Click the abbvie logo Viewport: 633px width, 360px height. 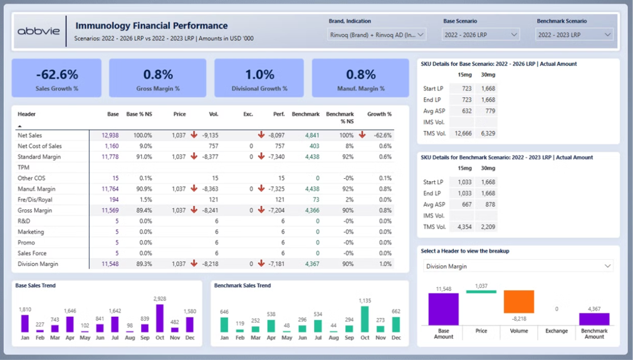pos(38,31)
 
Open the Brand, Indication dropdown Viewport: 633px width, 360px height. pos(377,35)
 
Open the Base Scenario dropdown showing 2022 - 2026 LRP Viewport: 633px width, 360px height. pos(481,35)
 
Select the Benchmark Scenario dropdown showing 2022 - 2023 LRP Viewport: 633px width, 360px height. pos(573,35)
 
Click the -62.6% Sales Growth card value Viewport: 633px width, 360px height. pos(56,75)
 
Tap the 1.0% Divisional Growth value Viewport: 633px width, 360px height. pos(259,75)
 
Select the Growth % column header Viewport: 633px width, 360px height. pos(379,115)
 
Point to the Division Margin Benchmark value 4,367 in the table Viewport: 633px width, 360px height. pos(311,264)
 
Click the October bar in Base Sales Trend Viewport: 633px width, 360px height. pos(160,318)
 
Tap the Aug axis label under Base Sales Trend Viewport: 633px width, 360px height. pos(130,337)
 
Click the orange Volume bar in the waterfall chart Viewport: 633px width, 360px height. pos(518,302)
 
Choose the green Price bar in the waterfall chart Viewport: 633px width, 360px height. pos(481,292)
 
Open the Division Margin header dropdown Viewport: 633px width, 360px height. pos(518,267)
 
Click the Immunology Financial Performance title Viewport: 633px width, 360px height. pos(151,26)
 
